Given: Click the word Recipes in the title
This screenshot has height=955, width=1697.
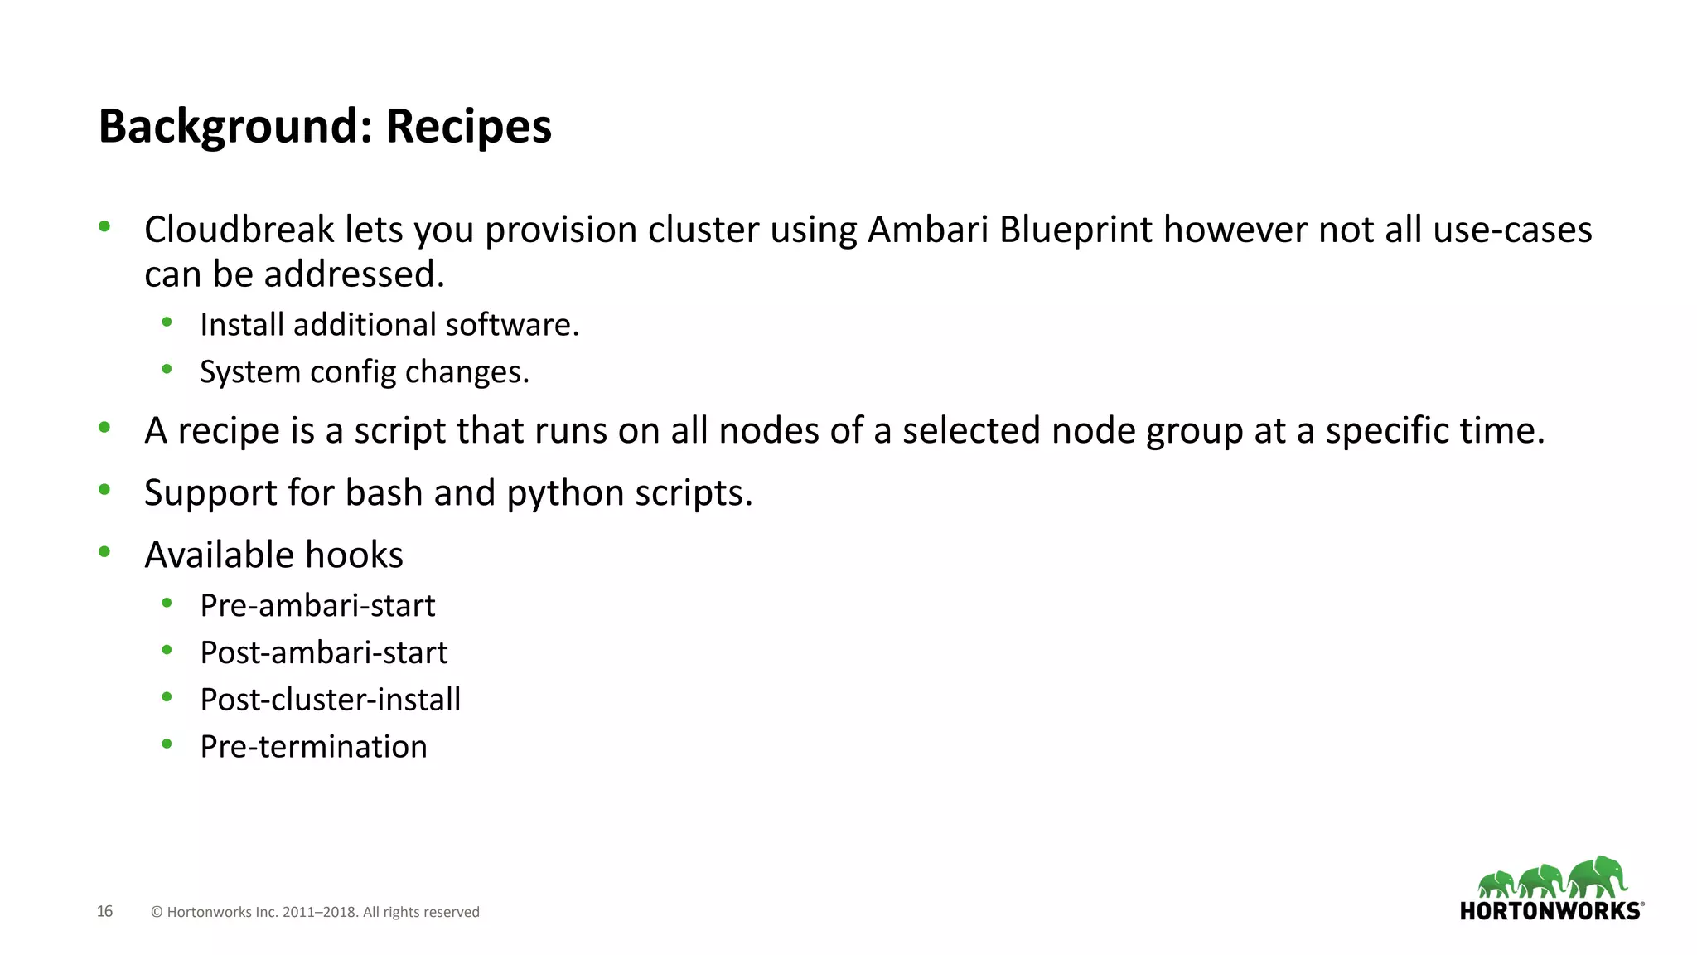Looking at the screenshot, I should click(468, 127).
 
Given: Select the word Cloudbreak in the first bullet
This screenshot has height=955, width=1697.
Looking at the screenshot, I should click(239, 230).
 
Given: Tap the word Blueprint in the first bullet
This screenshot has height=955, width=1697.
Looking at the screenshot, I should click(1076, 230).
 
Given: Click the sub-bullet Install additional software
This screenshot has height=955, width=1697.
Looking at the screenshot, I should click(389, 325).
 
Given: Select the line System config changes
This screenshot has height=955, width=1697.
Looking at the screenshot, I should click(365, 372).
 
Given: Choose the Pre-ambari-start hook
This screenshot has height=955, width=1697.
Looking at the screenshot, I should click(317, 606).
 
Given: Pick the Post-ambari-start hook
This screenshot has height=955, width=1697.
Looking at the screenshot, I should click(324, 653).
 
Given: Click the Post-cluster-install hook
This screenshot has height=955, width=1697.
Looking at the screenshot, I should click(331, 700).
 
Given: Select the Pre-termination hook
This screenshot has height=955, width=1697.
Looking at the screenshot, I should click(314, 747).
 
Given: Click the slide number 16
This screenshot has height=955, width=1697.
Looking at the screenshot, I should click(104, 911).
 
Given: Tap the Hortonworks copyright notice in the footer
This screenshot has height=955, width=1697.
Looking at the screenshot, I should click(315, 912).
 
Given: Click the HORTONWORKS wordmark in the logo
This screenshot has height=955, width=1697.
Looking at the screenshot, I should click(1550, 911).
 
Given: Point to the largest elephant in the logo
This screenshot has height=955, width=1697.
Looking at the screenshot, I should click(1598, 876).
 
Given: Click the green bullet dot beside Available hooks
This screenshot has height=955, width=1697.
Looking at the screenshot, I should click(104, 552).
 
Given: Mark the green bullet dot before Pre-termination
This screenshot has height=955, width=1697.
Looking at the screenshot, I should click(167, 744).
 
